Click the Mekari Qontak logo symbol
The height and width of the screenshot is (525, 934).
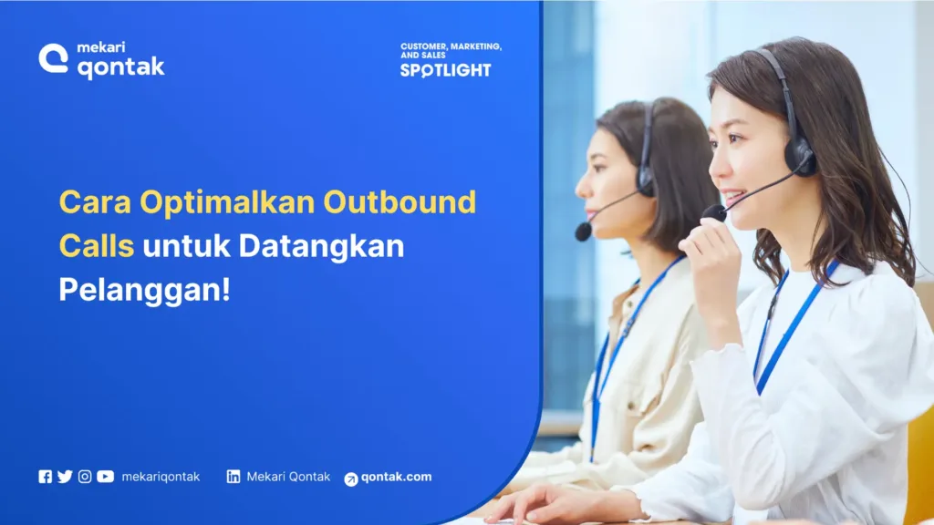pos(53,58)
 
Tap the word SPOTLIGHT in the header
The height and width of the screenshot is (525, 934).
pos(445,70)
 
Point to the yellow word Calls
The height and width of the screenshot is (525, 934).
pos(96,245)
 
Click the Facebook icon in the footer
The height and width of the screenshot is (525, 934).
pos(45,477)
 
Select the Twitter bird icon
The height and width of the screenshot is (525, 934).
pos(65,477)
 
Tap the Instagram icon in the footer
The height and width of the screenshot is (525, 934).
pos(85,477)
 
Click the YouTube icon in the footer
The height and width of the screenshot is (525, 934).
pos(106,477)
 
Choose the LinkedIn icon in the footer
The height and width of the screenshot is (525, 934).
pos(233,477)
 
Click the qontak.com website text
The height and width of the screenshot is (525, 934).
pos(396,477)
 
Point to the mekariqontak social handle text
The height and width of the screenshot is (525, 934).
pos(161,477)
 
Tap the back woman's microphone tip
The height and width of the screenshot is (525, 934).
pos(583,232)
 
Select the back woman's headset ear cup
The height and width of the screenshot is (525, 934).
pos(646,178)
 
